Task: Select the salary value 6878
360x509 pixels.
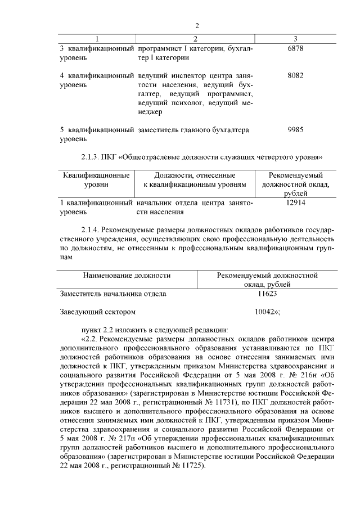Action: click(295, 49)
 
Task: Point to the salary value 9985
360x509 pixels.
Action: click(295, 130)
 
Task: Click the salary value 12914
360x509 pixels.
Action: click(295, 203)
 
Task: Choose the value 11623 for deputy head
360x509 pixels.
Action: click(267, 294)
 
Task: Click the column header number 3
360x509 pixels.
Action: click(295, 39)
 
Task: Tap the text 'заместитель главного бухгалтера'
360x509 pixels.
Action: click(193, 130)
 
